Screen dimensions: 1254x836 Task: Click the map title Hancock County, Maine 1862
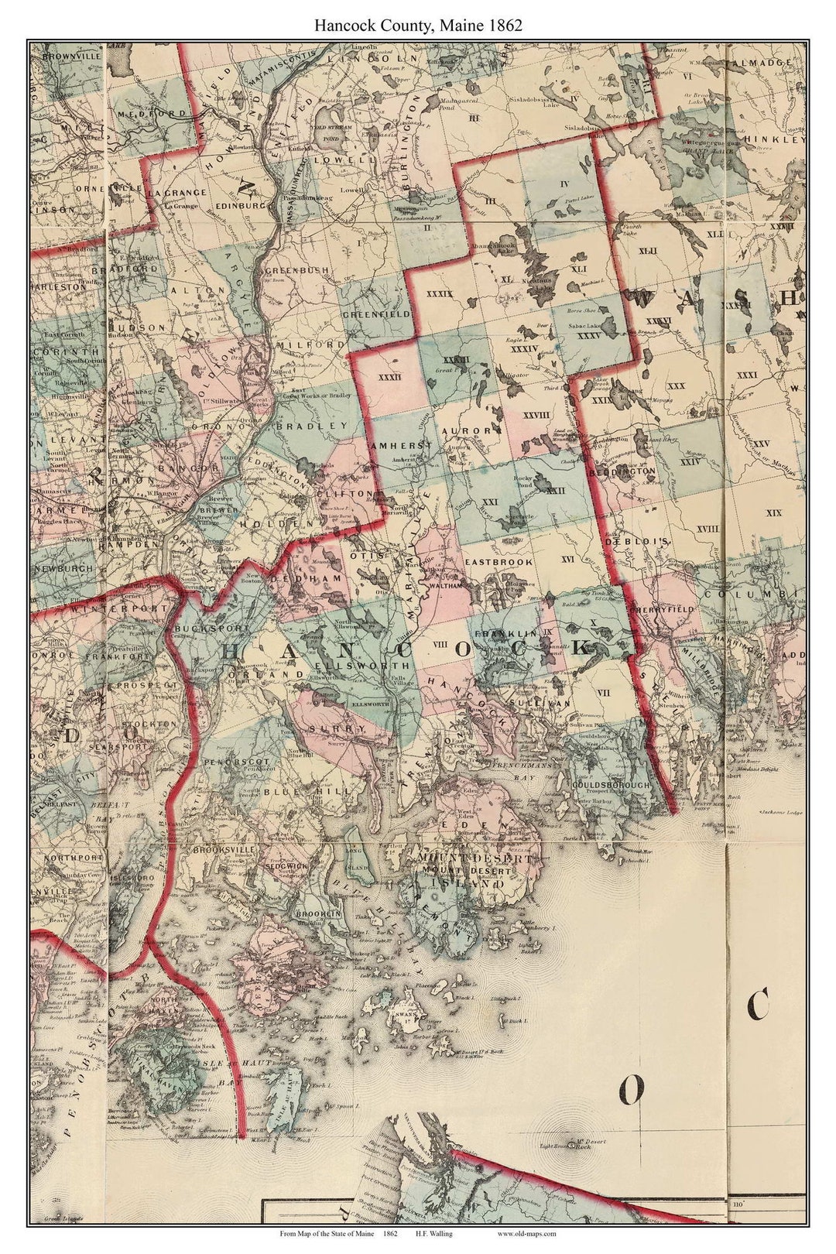417,25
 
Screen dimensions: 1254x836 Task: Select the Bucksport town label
203,629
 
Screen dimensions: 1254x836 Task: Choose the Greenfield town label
376,315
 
